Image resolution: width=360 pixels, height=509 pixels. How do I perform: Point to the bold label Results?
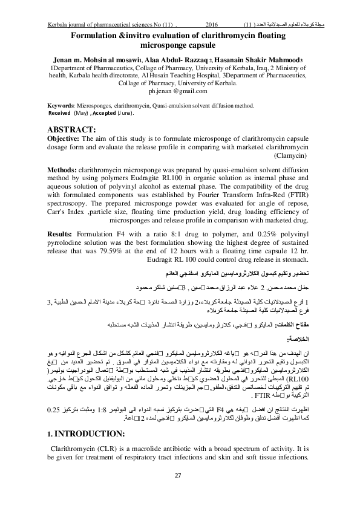coord(62,232)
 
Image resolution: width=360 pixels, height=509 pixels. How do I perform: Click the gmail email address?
coord(178,92)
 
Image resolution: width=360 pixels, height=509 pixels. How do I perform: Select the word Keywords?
coord(61,105)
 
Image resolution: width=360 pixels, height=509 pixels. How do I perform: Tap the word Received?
coord(59,113)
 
